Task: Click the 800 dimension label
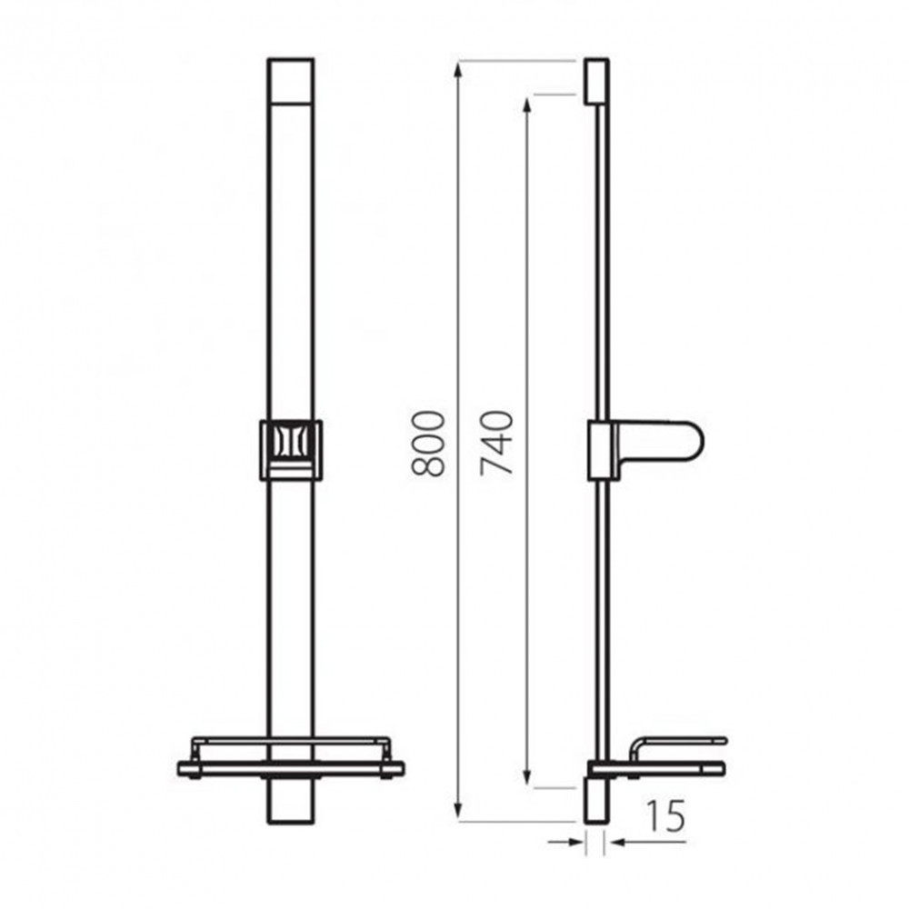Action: click(x=427, y=444)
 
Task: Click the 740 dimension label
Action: click(x=497, y=444)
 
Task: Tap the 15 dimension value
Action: click(x=667, y=817)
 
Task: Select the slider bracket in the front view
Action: click(x=291, y=449)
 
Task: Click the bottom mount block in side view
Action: click(x=595, y=800)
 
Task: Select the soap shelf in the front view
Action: click(x=291, y=760)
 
